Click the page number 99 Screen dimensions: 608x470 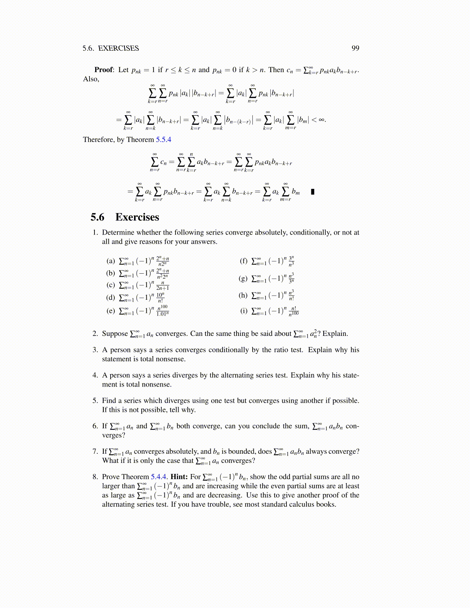click(x=355, y=48)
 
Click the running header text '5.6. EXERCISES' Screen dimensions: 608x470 click(x=111, y=48)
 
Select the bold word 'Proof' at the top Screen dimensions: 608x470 click(x=104, y=70)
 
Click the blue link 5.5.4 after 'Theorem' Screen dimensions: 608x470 click(x=164, y=140)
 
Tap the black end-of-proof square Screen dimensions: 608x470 click(x=313, y=192)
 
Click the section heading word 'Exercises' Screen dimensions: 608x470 click(x=137, y=217)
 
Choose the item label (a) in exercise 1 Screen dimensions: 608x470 click(x=111, y=261)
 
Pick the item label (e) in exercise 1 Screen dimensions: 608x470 click(x=111, y=311)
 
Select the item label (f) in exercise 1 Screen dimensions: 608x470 click(x=243, y=261)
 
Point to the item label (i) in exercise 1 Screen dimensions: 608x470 click(x=244, y=311)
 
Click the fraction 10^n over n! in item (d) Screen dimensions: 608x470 click(x=161, y=298)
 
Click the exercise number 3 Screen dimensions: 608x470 click(x=95, y=350)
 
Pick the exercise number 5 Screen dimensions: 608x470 click(x=95, y=401)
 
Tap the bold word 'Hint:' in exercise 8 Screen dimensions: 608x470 click(x=179, y=477)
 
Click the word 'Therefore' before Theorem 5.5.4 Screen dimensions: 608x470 click(x=99, y=140)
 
